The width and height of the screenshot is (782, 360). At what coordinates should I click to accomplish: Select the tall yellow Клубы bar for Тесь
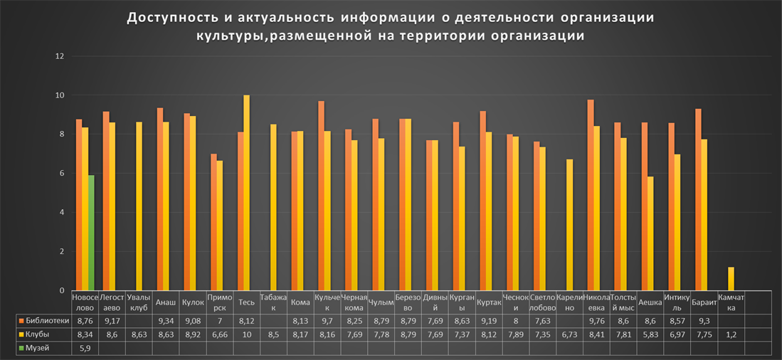click(247, 192)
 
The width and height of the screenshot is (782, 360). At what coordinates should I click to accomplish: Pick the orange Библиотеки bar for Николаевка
click(591, 195)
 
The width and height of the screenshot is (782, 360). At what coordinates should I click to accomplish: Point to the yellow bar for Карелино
click(569, 225)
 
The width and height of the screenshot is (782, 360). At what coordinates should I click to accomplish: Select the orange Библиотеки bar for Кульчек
click(321, 196)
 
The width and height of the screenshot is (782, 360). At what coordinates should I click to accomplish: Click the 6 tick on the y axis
click(61, 174)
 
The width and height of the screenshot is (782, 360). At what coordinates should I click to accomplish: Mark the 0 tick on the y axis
click(61, 290)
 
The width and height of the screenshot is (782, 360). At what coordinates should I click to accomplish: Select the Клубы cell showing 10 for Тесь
click(247, 334)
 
